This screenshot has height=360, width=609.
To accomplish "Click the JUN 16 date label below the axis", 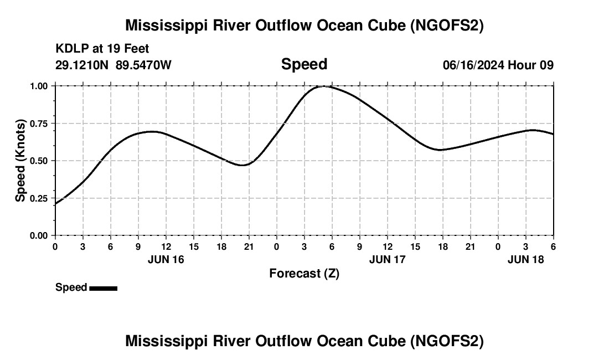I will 166,259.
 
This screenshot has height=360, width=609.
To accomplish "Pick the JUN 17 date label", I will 388,259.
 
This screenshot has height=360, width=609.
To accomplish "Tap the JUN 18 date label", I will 526,259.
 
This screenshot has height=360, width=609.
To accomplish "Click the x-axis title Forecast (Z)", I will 304,273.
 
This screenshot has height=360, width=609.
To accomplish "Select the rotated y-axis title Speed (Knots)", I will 20,161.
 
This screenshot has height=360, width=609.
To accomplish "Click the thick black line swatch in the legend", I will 103,288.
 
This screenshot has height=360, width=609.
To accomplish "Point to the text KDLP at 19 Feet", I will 102,49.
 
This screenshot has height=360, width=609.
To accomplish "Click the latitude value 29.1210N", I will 82,65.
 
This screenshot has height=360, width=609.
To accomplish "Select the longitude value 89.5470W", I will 143,65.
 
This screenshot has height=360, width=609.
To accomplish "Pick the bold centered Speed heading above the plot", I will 304,64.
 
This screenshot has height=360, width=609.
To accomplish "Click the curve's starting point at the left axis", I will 55,204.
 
